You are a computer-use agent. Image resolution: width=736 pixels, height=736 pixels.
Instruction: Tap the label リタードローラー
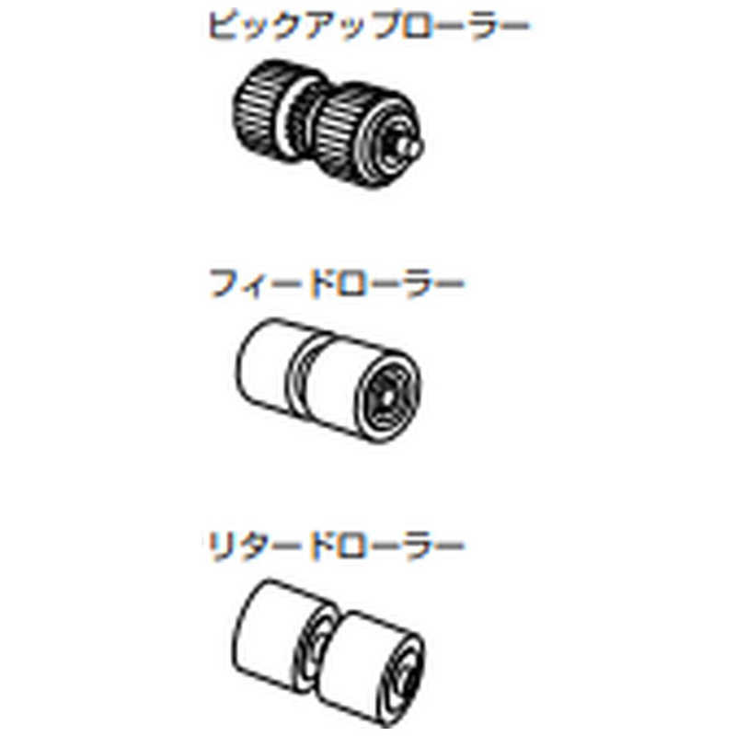[335, 546]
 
